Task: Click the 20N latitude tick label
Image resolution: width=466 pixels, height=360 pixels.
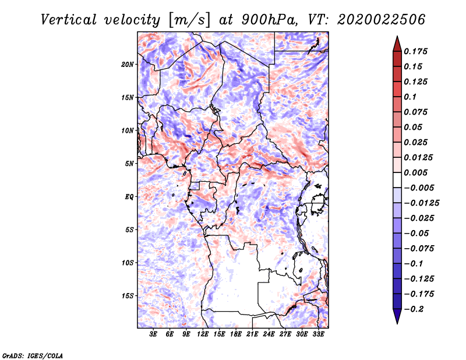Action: pos(128,64)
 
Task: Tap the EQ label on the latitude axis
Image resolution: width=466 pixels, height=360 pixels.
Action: pos(129,197)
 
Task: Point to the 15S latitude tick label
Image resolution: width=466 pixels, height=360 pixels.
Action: pos(128,296)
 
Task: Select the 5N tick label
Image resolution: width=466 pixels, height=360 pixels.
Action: pos(129,164)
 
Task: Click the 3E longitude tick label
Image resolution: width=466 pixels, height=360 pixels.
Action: pos(154,334)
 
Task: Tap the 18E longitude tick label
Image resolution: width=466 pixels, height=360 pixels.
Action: pos(235,334)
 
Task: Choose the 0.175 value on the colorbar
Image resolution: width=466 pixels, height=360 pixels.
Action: pos(417,51)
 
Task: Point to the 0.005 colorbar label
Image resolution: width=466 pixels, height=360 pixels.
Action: pos(417,172)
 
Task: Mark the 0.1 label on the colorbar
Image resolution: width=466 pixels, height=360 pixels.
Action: pos(413,97)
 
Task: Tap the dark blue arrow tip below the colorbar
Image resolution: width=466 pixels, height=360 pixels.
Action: pos(397,318)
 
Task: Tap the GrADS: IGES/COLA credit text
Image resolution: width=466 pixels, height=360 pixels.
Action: pos(33,355)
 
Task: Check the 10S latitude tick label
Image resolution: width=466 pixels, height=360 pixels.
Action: pos(128,263)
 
